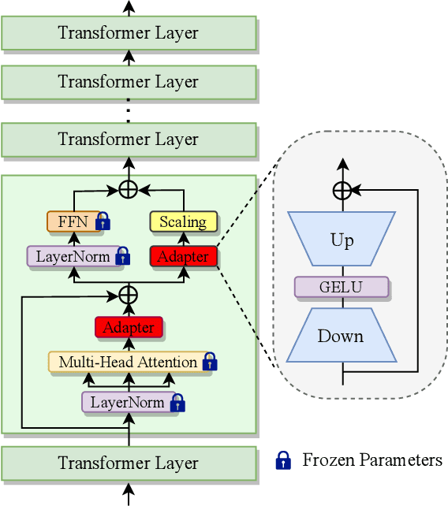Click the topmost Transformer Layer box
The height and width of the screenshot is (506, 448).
(x=129, y=33)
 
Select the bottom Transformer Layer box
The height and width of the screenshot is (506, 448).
(x=129, y=463)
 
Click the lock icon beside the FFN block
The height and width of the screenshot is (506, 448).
(x=103, y=223)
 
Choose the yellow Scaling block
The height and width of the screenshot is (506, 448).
(x=182, y=221)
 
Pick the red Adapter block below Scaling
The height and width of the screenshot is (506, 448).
(x=182, y=256)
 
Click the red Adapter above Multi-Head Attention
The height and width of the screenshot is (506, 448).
(x=129, y=326)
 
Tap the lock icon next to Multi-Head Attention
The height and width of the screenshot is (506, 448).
(x=209, y=363)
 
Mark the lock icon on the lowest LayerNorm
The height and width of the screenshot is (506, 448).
(x=178, y=404)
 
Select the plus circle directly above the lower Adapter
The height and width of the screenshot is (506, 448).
(x=129, y=295)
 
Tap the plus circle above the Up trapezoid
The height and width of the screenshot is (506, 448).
(x=342, y=190)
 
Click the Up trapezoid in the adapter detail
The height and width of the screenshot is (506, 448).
(x=342, y=240)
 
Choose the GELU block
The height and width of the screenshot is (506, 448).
(x=342, y=287)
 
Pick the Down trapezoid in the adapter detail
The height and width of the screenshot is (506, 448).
(x=342, y=336)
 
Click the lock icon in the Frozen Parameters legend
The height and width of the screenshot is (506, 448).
(x=283, y=460)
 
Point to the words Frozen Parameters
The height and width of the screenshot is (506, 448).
(x=372, y=460)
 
